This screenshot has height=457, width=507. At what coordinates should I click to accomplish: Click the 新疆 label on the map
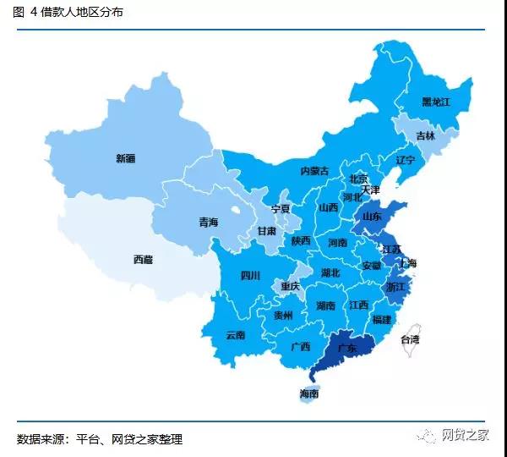click(x=126, y=157)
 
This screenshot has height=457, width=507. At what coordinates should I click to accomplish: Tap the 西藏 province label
click(x=143, y=260)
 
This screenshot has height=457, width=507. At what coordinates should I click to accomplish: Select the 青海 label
click(x=208, y=222)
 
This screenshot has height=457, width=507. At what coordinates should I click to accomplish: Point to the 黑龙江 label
click(x=435, y=102)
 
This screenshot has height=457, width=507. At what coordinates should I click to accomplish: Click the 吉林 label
click(x=425, y=135)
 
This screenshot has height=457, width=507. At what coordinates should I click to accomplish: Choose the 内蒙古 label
click(x=314, y=170)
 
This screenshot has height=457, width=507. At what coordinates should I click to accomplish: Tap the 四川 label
click(x=250, y=275)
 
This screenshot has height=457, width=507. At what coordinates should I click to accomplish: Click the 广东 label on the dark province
click(x=346, y=348)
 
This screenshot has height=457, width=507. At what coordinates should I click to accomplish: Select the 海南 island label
click(x=309, y=394)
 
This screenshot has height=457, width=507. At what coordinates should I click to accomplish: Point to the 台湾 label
click(x=409, y=339)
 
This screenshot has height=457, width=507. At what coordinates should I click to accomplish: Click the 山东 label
click(x=372, y=216)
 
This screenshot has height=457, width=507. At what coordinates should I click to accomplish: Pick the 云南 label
click(x=236, y=334)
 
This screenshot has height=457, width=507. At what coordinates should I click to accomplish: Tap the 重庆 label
click(x=291, y=286)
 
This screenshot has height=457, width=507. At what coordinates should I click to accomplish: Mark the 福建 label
click(x=381, y=319)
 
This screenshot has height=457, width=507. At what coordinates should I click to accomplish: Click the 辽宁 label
click(x=406, y=159)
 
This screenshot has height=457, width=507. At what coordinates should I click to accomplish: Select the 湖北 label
click(x=330, y=273)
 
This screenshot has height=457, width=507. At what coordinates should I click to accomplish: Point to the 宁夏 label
click(x=281, y=208)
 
